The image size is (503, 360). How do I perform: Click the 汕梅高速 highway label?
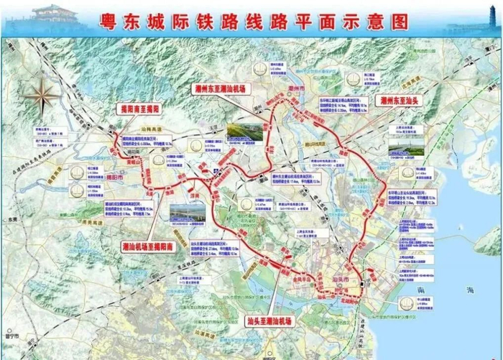tap(154, 126)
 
